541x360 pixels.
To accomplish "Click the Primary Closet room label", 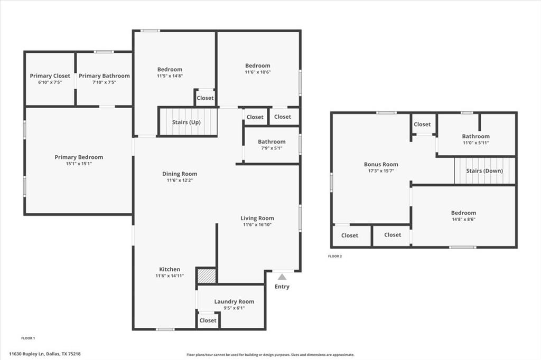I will point(50,76).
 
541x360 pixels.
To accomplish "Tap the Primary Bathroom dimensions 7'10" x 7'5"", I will point(104,82).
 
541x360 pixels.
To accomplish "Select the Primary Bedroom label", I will point(79,157).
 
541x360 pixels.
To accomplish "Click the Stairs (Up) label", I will point(186,122).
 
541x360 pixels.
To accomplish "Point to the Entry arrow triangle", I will point(282,277).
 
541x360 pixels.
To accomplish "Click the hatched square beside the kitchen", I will point(207,276).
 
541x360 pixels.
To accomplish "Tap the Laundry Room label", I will point(234,302).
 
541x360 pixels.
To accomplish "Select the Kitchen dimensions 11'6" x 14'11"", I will point(170,276).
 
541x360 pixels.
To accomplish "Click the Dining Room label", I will point(180,174).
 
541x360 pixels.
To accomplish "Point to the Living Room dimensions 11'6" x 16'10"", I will point(257,225).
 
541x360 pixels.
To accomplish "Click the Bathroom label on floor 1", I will point(272,141).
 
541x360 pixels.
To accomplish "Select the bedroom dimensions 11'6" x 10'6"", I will point(257,72).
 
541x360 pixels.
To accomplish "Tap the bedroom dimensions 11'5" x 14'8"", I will point(170,76).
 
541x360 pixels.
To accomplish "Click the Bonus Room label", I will point(381,164).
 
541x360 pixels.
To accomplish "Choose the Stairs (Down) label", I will point(484,171).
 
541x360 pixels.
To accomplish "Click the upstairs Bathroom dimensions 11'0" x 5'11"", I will point(475,143).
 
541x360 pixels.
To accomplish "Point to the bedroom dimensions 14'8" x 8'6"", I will point(463,220).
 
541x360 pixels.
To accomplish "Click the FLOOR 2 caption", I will point(335,256).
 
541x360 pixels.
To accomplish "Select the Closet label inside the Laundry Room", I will point(208,320).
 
